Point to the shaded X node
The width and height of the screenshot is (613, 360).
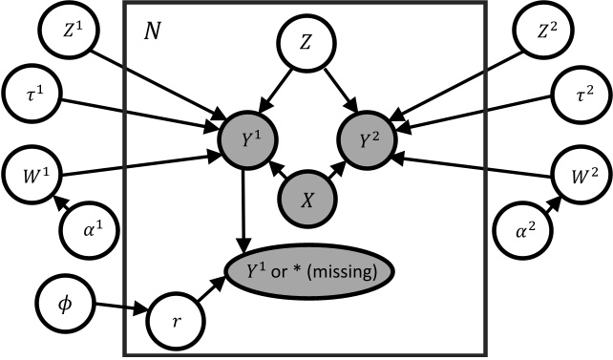click(x=306, y=200)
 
